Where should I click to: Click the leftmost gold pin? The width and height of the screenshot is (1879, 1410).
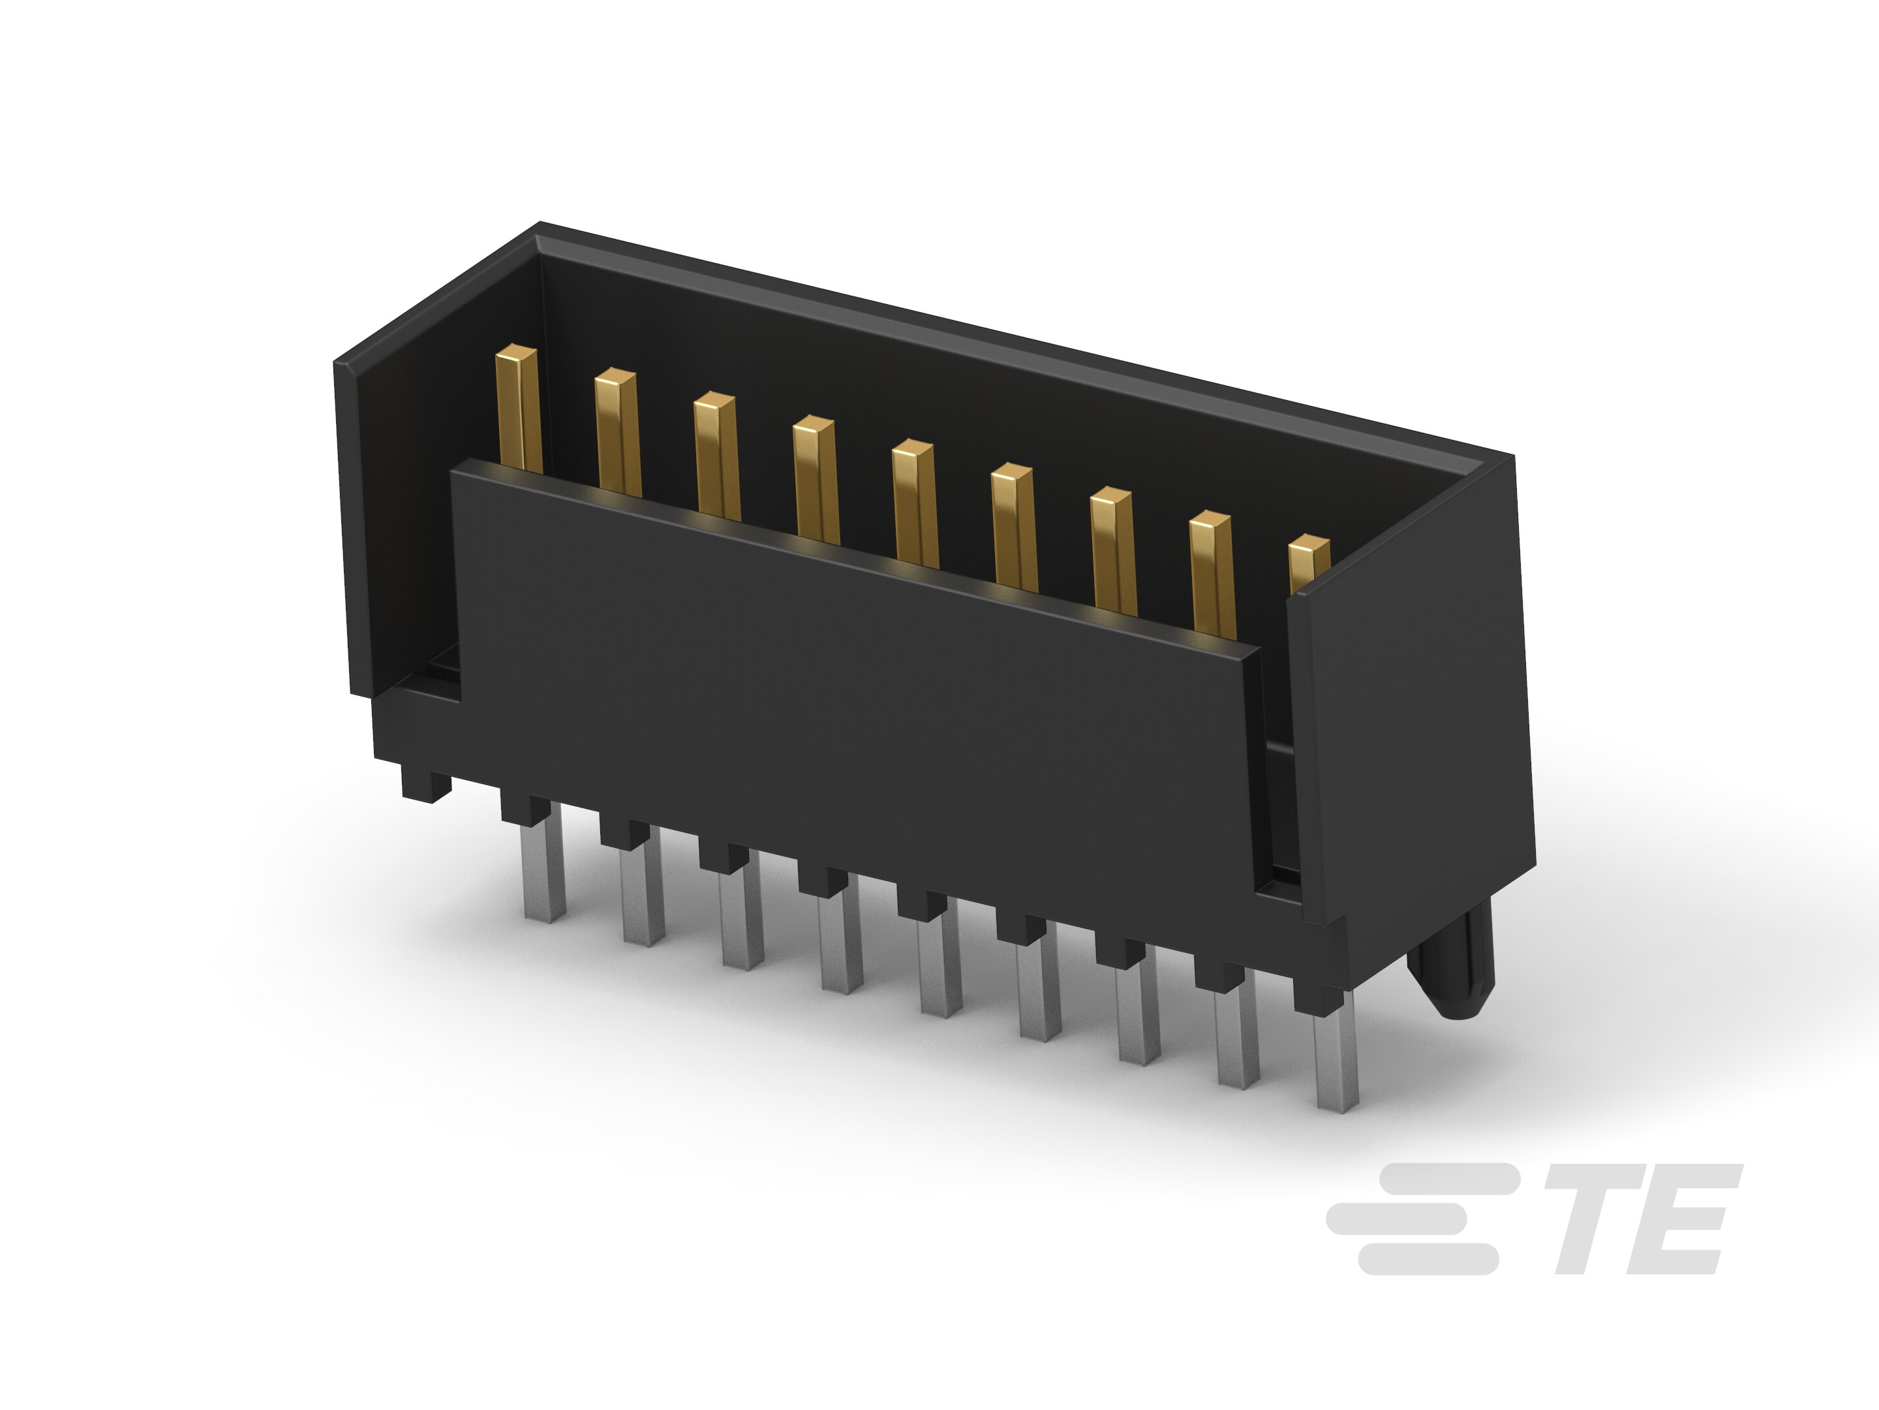tap(517, 408)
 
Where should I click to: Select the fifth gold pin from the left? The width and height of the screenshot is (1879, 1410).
tap(915, 501)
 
